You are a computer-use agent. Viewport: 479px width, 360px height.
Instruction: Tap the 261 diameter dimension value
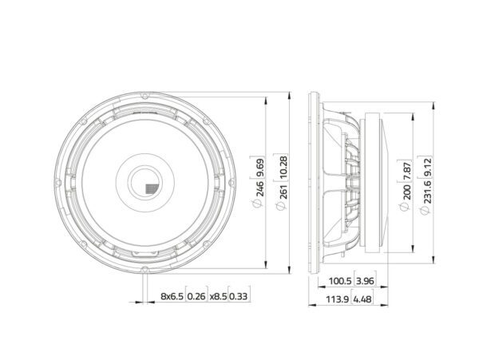(283, 192)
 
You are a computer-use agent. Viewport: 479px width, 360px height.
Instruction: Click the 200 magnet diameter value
(406, 192)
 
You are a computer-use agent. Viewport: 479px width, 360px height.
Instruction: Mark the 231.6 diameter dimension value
(427, 192)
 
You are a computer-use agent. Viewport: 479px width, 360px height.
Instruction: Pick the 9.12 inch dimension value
(427, 167)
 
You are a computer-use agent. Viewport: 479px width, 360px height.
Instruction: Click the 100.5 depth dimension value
(340, 281)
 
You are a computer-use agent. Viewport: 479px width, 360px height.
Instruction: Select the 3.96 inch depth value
(365, 281)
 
